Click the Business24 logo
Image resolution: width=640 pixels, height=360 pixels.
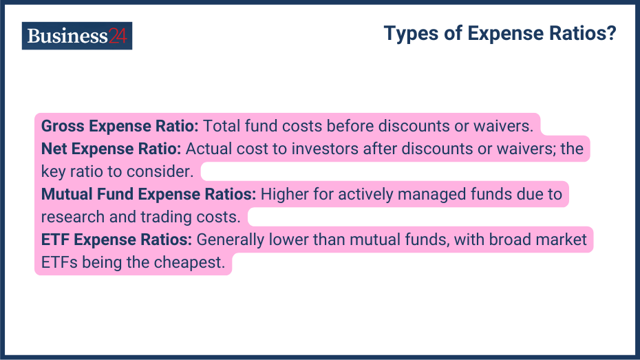[77, 36]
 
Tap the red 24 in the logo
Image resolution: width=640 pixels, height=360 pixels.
[118, 36]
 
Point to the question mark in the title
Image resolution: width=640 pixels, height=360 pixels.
[611, 32]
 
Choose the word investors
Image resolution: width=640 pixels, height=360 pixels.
[325, 149]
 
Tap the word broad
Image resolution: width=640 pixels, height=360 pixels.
[510, 239]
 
